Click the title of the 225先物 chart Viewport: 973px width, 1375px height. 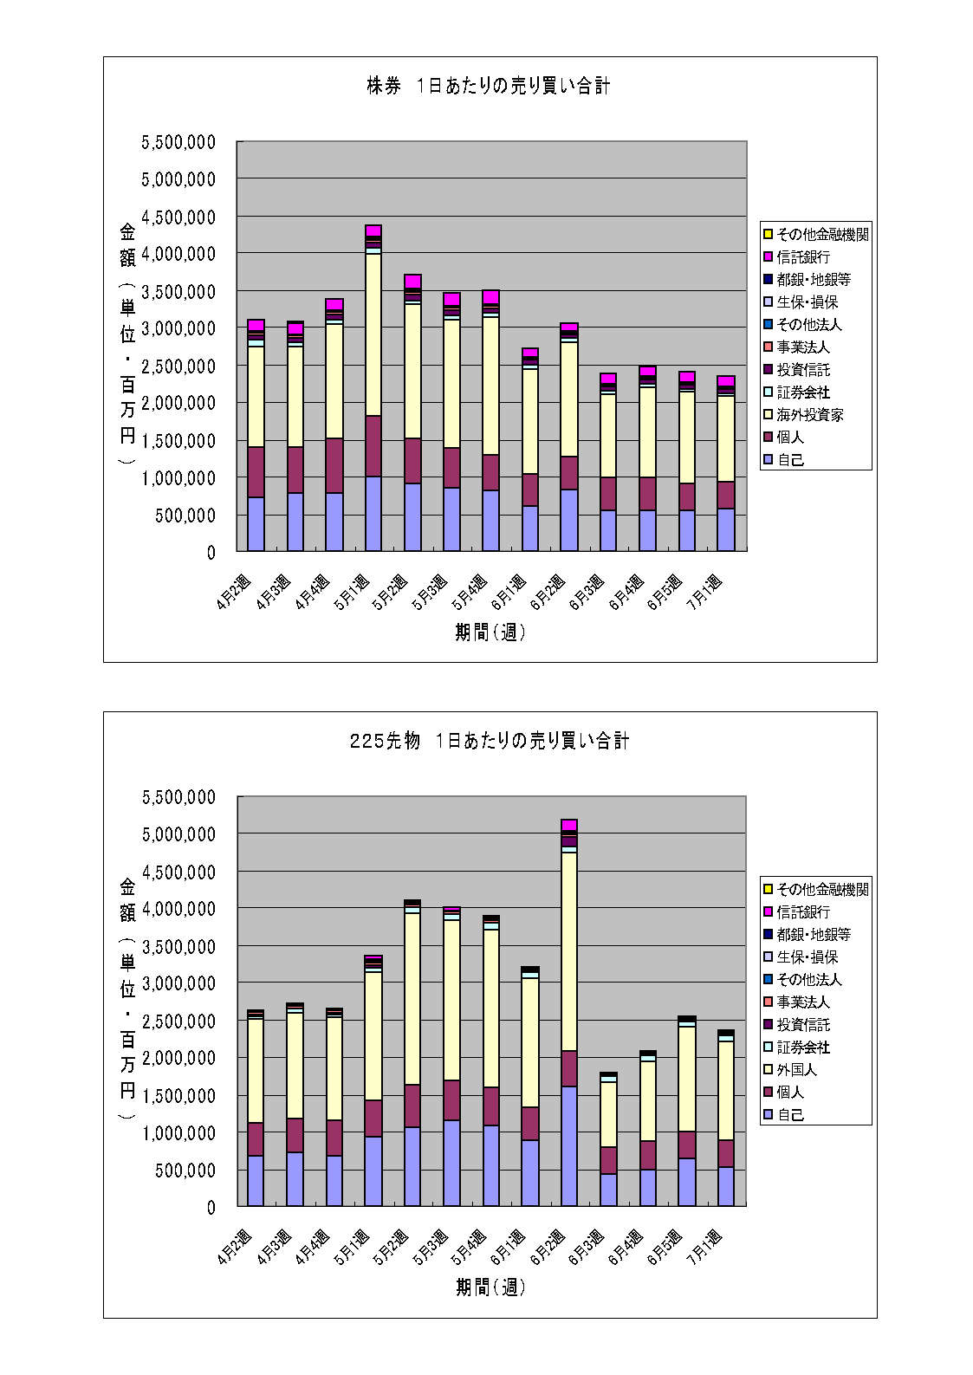(x=489, y=741)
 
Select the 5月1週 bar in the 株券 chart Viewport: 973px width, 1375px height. (x=373, y=390)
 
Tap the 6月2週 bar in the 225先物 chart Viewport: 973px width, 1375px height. (x=569, y=1014)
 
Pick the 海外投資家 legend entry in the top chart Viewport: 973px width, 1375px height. (x=809, y=415)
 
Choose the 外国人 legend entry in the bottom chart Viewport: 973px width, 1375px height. (x=796, y=1070)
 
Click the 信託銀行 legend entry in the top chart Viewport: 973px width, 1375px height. (x=803, y=257)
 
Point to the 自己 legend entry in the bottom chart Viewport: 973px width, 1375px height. (x=790, y=1115)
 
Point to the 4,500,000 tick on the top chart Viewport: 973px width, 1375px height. (x=178, y=217)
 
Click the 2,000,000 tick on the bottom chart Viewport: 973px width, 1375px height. (x=178, y=1058)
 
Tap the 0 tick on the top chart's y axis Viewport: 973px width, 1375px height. (x=211, y=552)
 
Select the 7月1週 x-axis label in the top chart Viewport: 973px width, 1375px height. (x=708, y=593)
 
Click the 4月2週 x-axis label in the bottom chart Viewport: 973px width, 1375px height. (x=236, y=1249)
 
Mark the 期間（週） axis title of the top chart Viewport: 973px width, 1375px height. (x=490, y=632)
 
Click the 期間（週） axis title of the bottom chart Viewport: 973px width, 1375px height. (x=490, y=1287)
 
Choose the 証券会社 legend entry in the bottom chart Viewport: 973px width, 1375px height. (x=803, y=1047)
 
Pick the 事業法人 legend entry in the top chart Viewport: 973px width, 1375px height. (x=803, y=347)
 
